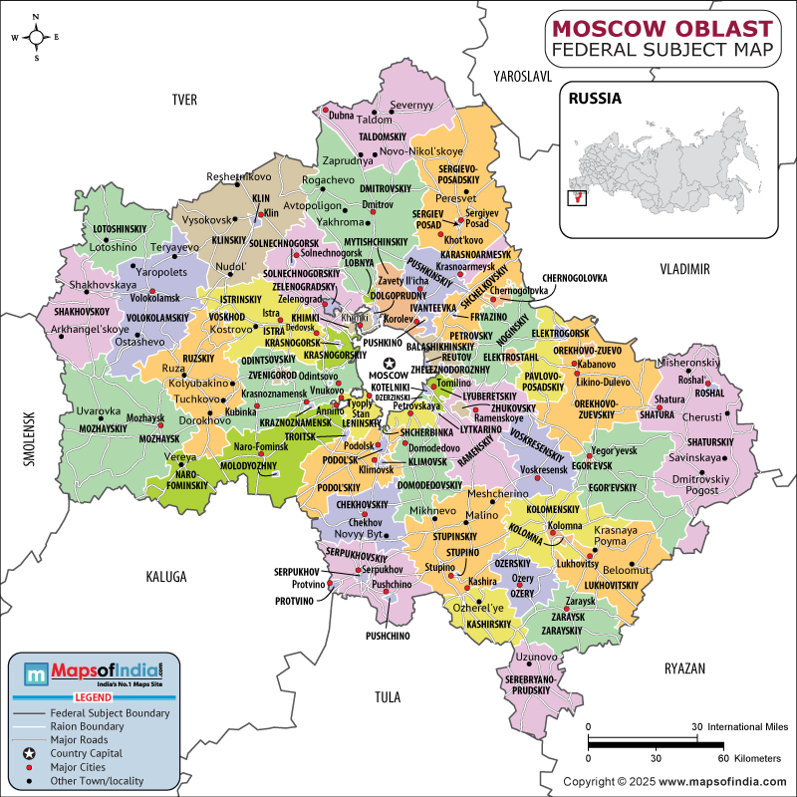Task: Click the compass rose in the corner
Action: tap(36, 38)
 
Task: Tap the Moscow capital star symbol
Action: tap(390, 365)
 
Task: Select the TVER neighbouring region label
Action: tap(185, 99)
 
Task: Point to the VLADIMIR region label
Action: tap(683, 269)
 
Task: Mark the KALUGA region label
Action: tap(165, 576)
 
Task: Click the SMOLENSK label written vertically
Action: tap(31, 439)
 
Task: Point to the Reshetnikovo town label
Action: tap(238, 176)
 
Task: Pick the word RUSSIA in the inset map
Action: tap(595, 99)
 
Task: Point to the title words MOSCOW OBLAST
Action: tap(662, 25)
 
